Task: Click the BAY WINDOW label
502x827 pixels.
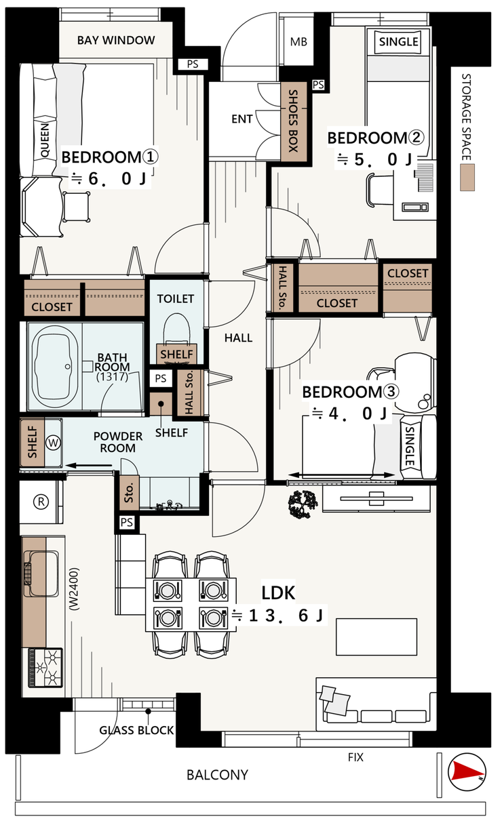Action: pyautogui.click(x=115, y=40)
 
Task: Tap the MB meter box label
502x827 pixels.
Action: pyautogui.click(x=298, y=42)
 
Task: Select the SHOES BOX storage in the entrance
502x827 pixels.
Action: pyautogui.click(x=294, y=121)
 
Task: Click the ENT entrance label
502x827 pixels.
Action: pyautogui.click(x=242, y=119)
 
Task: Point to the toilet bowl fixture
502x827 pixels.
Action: pyautogui.click(x=176, y=329)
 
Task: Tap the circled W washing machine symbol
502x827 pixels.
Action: pyautogui.click(x=54, y=442)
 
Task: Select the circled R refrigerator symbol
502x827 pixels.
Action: pyautogui.click(x=41, y=502)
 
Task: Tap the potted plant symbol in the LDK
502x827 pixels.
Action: pyautogui.click(x=303, y=504)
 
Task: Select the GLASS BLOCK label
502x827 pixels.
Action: pyautogui.click(x=136, y=730)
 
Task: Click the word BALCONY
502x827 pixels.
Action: pyautogui.click(x=217, y=775)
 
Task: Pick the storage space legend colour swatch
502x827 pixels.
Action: pyautogui.click(x=467, y=178)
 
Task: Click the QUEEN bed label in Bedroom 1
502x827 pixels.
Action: pyautogui.click(x=45, y=141)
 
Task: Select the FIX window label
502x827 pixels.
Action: pyautogui.click(x=355, y=757)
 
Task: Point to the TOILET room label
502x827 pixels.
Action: pyautogui.click(x=176, y=298)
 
